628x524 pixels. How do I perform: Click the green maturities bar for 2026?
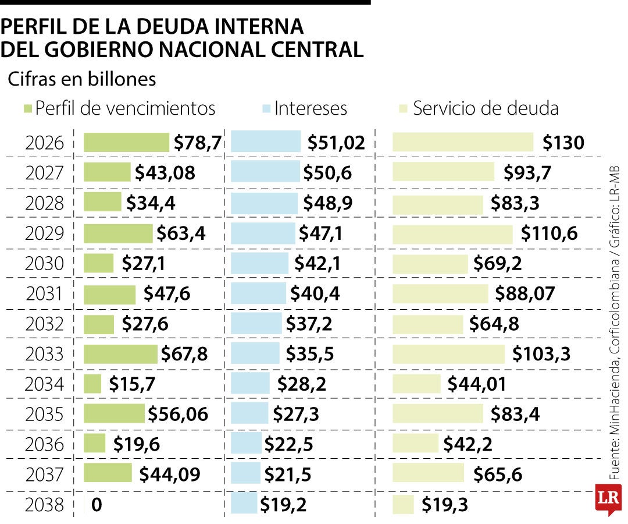click(126, 143)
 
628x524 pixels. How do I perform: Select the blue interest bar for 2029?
click(263, 233)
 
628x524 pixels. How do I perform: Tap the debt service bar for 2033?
click(448, 354)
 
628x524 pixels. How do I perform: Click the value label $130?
click(563, 143)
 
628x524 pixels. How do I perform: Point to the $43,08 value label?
click(165, 173)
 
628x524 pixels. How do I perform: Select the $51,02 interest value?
click(336, 143)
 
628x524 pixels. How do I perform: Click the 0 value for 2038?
click(97, 505)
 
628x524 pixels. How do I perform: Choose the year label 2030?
click(44, 264)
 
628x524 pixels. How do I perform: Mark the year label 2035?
click(44, 415)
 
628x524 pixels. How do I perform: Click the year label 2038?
click(44, 505)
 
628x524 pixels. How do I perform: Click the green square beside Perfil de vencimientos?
click(27, 109)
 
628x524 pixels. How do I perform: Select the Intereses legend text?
click(311, 108)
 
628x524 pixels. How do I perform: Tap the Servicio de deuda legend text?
click(486, 108)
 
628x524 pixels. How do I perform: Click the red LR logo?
click(608, 498)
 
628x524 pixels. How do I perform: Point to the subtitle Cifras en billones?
click(82, 79)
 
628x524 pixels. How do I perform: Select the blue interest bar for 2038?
click(244, 504)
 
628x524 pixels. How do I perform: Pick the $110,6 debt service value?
click(549, 233)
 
